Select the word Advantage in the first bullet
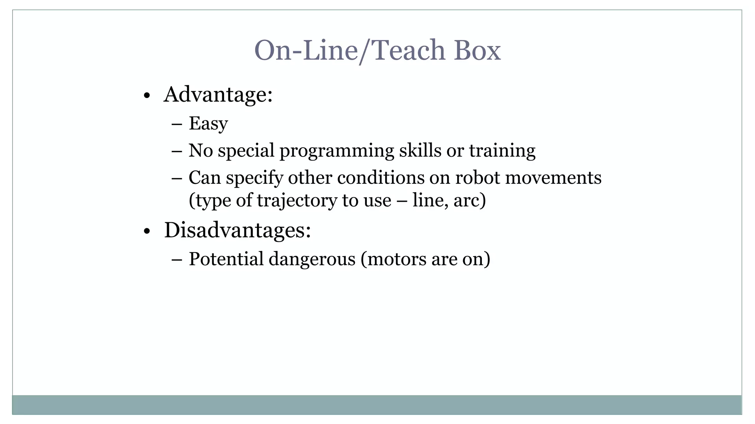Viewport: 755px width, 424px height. (216, 95)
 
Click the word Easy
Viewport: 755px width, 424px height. (208, 124)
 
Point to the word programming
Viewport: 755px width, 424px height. (337, 151)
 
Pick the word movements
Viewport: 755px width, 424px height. (553, 178)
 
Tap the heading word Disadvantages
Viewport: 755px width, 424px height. (235, 230)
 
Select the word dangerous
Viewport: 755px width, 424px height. (312, 259)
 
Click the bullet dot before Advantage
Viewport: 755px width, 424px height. (147, 96)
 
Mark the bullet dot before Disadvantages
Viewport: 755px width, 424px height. (147, 232)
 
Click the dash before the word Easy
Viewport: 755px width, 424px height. (177, 124)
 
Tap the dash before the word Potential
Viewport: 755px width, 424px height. (177, 260)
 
